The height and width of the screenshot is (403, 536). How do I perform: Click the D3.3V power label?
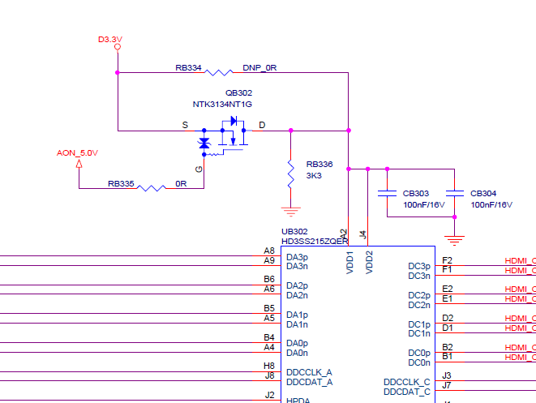click(x=109, y=39)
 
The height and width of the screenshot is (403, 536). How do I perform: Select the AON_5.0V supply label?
click(x=77, y=152)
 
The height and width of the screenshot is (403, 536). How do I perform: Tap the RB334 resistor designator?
click(x=188, y=68)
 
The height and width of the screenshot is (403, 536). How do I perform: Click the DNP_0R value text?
click(x=259, y=68)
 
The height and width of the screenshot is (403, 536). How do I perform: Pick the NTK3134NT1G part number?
click(x=222, y=105)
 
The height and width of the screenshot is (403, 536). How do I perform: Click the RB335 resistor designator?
click(x=121, y=183)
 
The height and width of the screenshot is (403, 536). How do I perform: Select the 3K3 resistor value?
click(x=314, y=175)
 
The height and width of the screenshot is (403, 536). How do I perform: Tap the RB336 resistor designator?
click(x=319, y=164)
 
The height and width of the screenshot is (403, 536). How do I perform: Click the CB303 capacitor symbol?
click(x=387, y=193)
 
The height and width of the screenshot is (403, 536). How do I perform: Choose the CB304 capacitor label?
click(x=483, y=194)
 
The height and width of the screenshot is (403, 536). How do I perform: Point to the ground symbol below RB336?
click(x=290, y=212)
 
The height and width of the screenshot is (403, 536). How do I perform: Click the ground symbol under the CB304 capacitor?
click(x=455, y=239)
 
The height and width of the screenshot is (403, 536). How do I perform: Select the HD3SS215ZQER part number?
click(x=315, y=241)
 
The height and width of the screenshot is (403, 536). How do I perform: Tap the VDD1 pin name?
click(x=350, y=263)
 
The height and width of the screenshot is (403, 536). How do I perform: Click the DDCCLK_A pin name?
click(x=309, y=372)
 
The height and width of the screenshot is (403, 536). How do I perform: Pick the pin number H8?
click(x=269, y=366)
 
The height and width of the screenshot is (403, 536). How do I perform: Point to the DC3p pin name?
click(x=419, y=266)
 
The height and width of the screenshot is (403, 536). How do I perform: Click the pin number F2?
click(x=448, y=260)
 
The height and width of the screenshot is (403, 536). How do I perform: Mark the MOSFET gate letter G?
click(x=199, y=168)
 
